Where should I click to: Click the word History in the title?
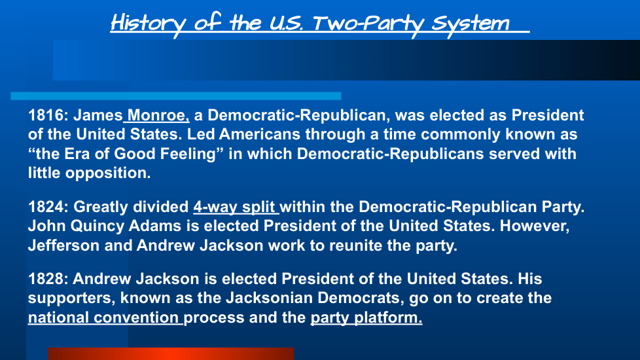(x=149, y=24)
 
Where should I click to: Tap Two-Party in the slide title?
(x=369, y=24)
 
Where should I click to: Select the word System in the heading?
(x=471, y=24)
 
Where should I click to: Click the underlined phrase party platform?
(x=366, y=317)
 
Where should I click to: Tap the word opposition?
(x=108, y=173)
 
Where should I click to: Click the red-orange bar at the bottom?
(x=171, y=354)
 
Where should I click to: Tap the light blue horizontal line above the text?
(x=176, y=96)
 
